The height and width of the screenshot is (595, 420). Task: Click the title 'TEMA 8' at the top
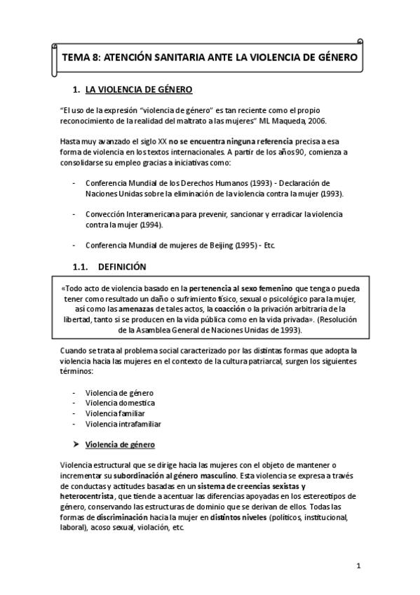coord(81,57)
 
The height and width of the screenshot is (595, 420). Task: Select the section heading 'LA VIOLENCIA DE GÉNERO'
coord(138,90)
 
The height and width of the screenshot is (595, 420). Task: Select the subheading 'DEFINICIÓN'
coord(122,267)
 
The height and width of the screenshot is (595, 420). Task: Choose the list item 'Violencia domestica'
coord(120,403)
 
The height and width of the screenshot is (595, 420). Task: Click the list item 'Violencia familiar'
coord(115,413)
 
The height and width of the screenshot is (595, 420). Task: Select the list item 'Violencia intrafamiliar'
coord(123,424)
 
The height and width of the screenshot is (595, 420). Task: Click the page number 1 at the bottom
coord(358,566)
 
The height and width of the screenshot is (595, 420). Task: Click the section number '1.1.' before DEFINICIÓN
coord(83,267)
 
